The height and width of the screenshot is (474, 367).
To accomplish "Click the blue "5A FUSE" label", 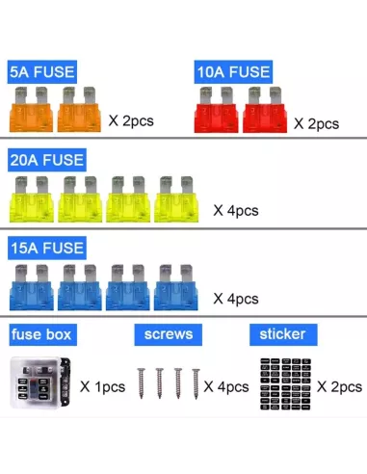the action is [42, 71].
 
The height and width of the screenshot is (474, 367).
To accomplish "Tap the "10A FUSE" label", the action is [233, 71].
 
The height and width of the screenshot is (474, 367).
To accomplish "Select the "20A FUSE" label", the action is [47, 160].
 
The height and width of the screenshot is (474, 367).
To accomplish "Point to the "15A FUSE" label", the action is [47, 248].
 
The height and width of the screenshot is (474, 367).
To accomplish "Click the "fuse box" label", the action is [43, 334].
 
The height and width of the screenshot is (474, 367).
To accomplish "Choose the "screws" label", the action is [169, 334].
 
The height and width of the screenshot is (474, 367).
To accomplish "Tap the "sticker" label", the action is [283, 334].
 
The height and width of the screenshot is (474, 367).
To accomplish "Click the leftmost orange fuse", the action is [31, 109].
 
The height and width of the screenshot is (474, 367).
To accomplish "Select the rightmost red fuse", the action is [265, 110].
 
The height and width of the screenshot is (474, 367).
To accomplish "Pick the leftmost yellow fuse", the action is [32, 198].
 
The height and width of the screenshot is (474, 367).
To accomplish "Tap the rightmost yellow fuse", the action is [176, 198].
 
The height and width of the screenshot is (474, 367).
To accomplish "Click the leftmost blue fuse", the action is [32, 287].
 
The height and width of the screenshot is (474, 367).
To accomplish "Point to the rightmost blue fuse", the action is [176, 287].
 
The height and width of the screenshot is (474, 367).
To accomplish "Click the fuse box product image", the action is [40, 382].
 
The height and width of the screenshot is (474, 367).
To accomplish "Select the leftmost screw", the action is [141, 383].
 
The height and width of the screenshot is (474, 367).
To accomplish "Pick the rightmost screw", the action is [196, 384].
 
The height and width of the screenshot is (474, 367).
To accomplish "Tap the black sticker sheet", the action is [285, 384].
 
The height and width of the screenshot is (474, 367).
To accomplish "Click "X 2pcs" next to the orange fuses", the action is [131, 121].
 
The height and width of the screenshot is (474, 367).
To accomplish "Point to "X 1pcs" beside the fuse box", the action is [102, 387].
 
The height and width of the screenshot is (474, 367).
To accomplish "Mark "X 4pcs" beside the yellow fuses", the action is [236, 211].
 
